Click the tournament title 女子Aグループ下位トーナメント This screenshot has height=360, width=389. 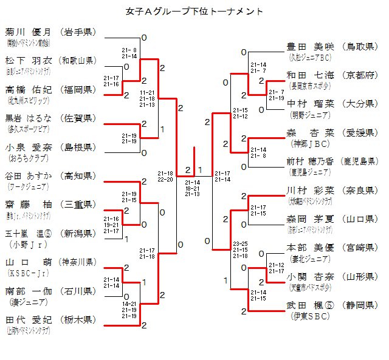[194, 12]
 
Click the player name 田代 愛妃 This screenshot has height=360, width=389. [28, 319]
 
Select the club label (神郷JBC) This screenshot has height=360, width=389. [310, 143]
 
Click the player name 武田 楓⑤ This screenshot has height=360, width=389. [310, 305]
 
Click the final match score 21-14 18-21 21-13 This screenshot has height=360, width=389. [193, 188]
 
